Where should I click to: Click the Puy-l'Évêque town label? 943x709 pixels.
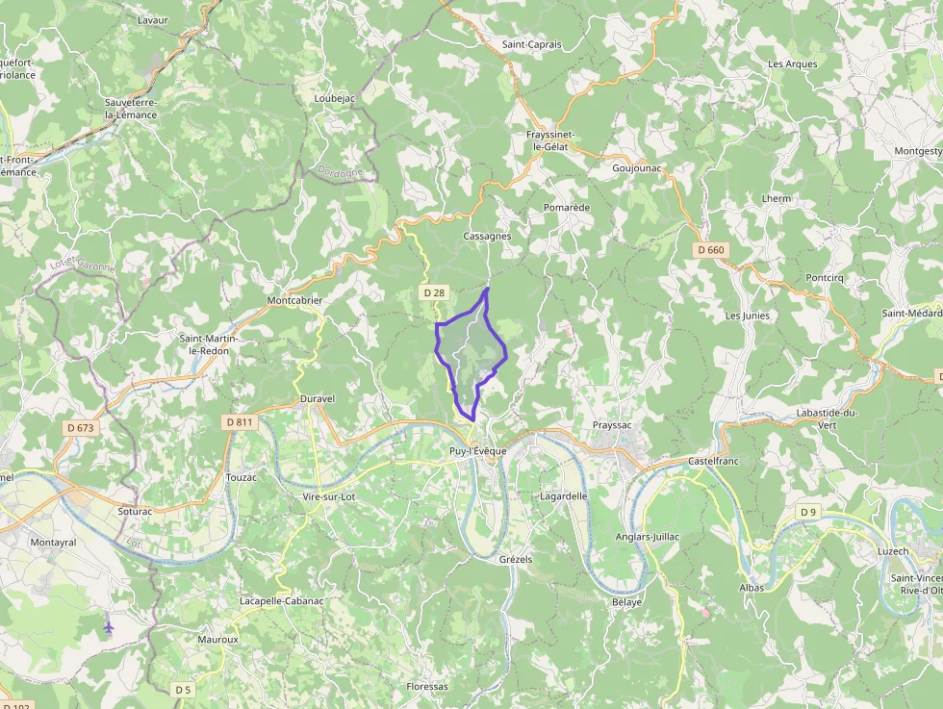pos(477,451)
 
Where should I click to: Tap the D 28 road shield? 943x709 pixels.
pos(434,291)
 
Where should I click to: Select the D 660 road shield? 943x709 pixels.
pos(710,250)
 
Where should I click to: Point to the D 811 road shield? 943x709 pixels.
pos(238,421)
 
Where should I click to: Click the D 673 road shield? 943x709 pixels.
pos(82,427)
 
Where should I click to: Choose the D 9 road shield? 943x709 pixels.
pos(808,512)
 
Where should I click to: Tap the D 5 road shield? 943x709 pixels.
pos(183,690)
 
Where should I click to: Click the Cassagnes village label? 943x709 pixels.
pos(487,236)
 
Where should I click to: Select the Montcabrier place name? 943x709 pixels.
pos(294,300)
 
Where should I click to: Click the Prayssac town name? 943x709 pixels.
pos(612,424)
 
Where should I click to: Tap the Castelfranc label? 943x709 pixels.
pos(713,462)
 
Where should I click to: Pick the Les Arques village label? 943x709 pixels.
pos(792,64)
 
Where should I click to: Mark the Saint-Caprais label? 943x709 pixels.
pos(531,44)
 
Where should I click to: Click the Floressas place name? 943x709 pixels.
pos(427,686)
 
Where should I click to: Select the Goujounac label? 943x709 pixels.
pos(637,167)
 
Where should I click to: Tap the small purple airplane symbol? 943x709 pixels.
pos(108,627)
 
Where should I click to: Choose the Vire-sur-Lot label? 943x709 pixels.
pos(328,496)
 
